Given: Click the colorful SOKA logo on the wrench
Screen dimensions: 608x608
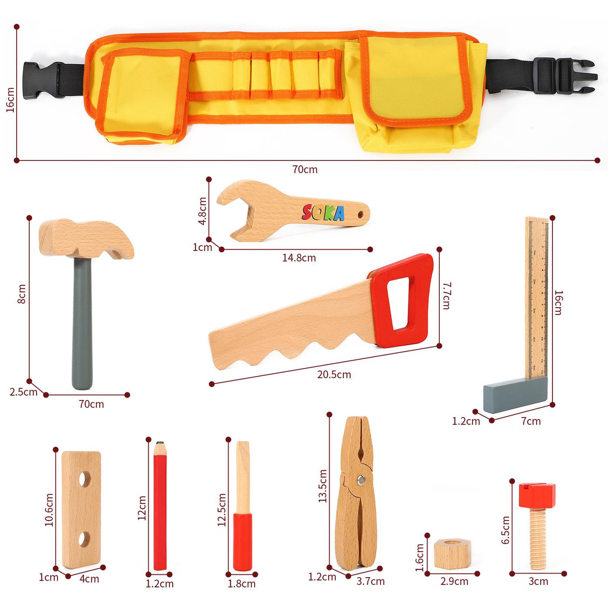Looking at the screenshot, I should pos(323,213).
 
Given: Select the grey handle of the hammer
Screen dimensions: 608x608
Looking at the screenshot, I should pos(82,323).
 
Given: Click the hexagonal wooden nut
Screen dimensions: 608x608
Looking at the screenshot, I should pos(451,553).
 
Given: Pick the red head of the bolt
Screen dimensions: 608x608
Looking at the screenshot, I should pos(537,495).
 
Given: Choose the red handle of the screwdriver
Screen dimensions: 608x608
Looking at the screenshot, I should pos(242,541).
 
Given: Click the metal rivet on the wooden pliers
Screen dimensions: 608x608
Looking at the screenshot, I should pos(361,479).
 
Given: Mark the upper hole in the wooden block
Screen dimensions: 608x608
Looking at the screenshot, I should pos(85,479).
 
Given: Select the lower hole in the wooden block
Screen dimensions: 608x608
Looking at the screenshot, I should pos(84,539).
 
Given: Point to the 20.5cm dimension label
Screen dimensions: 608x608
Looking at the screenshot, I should pos(334,375).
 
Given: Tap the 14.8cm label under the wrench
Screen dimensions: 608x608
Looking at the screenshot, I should pos(299,258).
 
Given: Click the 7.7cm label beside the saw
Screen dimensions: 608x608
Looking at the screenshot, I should pos(446,295).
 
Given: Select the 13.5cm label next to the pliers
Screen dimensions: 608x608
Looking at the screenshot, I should pos(323,486).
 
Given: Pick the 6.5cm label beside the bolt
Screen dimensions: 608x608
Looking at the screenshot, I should pos(505,530).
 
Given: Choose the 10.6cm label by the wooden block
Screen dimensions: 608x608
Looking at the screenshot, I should pos(49,510).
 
